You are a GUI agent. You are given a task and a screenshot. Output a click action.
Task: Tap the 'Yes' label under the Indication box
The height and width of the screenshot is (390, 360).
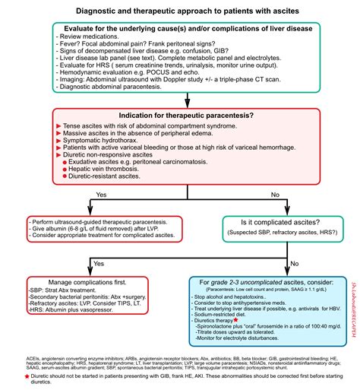tap(99, 195)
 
